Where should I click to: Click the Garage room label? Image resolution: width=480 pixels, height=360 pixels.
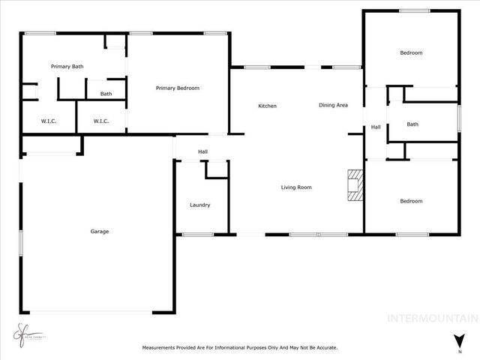click(x=100, y=232)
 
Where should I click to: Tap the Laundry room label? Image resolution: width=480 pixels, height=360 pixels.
click(x=199, y=205)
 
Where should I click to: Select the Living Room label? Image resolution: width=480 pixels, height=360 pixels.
click(x=296, y=187)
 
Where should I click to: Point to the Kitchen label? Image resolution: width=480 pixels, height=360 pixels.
click(x=268, y=106)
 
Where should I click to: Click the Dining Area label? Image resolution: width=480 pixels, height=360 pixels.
click(x=333, y=105)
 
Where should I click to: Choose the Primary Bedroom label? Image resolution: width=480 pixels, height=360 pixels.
click(x=178, y=88)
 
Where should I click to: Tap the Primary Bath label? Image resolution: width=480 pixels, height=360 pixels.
click(x=67, y=67)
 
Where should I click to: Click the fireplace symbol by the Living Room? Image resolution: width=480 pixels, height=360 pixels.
click(x=353, y=184)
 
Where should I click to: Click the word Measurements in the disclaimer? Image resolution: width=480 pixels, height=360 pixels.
click(x=161, y=348)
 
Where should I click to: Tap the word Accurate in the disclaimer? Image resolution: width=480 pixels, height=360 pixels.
click(x=325, y=348)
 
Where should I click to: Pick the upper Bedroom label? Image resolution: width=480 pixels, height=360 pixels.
click(x=411, y=52)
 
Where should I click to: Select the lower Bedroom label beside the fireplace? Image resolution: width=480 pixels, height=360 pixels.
click(x=411, y=201)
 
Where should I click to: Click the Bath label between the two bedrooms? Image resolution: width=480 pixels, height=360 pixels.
click(x=412, y=124)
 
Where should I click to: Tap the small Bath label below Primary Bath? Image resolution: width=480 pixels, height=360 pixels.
click(x=106, y=94)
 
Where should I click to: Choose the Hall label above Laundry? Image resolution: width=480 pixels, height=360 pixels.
click(x=202, y=152)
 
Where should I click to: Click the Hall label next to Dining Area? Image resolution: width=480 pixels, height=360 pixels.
click(x=376, y=127)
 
